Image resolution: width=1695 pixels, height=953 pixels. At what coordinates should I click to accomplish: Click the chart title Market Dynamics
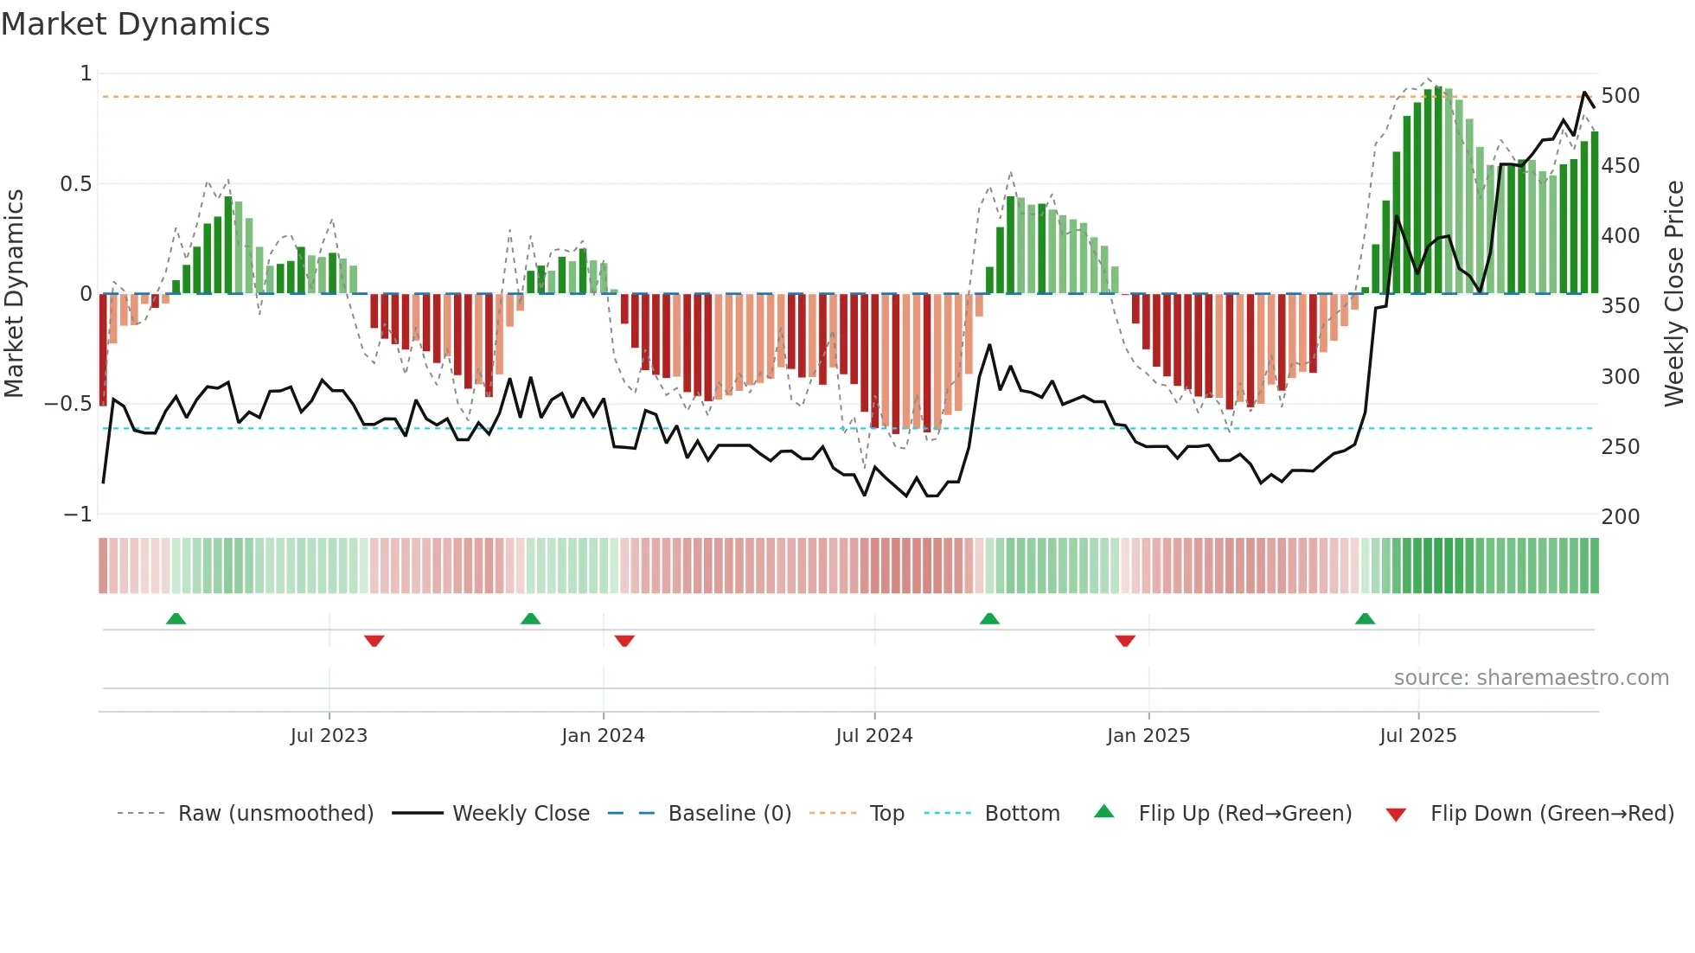coord(136,24)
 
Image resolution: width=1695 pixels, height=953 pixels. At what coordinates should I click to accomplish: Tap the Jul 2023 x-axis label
coord(329,736)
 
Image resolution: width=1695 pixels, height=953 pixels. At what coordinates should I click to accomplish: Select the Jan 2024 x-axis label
coord(603,736)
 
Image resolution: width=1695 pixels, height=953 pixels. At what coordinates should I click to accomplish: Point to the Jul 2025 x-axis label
coord(1418,736)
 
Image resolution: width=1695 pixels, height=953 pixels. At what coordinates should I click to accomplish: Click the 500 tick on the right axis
coord(1620,95)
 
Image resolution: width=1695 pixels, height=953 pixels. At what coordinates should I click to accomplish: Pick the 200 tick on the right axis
coord(1620,516)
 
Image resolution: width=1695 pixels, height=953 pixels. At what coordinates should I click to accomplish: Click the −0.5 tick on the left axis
coord(67,404)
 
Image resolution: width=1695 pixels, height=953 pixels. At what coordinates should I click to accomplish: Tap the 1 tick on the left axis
coord(86,74)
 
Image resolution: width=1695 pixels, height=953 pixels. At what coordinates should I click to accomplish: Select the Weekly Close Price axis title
coord(1674,294)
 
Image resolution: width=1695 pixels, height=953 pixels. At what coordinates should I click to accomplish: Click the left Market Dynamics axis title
coord(14,294)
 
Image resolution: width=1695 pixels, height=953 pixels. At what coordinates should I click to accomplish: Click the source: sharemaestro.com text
coord(1531,678)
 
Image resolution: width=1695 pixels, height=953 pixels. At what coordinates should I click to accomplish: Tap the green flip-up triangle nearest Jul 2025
coord(1365,618)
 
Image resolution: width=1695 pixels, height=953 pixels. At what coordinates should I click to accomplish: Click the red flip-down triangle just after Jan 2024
coord(624,641)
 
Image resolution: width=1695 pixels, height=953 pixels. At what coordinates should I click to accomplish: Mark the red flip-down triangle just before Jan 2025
coord(1124,641)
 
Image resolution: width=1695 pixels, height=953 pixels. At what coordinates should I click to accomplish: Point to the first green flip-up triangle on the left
coord(176,618)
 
